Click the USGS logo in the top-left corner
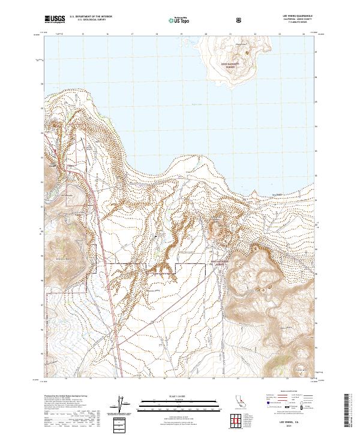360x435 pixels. (x=55, y=19)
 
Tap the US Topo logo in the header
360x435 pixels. (x=174, y=19)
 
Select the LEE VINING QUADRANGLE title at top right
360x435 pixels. (x=298, y=16)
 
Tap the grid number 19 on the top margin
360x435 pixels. (x=181, y=34)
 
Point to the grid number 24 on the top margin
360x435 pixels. (x=305, y=34)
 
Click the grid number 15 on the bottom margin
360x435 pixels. (x=82, y=379)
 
